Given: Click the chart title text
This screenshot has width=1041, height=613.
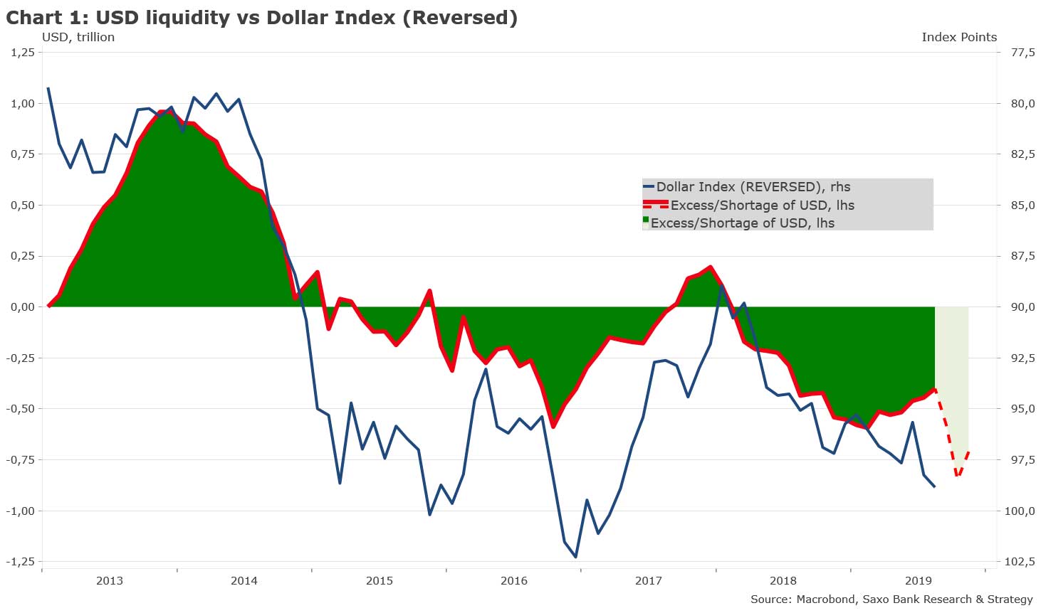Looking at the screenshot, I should tap(261, 18).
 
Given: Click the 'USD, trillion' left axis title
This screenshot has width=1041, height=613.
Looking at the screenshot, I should tap(78, 37).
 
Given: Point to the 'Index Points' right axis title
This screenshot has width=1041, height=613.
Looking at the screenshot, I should tap(958, 37).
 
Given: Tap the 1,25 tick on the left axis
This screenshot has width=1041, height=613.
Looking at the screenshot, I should tap(21, 53).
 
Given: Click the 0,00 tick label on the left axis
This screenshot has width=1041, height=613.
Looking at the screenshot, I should tap(21, 307).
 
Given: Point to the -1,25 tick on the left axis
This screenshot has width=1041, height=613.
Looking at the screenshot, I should tap(19, 562).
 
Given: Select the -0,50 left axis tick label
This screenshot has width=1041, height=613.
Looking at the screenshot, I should tap(19, 409).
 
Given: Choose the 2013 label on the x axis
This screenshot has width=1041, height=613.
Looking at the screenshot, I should tap(109, 580).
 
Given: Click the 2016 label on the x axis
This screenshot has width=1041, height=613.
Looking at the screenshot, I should tap(514, 580).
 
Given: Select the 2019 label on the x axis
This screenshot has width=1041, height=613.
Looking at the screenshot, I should tap(918, 580).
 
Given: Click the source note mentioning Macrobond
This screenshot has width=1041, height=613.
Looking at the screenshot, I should tap(891, 599).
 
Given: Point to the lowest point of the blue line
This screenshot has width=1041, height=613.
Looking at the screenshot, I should tap(575, 557).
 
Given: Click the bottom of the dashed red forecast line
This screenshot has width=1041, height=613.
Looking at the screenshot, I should tap(958, 476).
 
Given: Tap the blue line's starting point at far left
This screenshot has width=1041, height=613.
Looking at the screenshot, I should tap(48, 88).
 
